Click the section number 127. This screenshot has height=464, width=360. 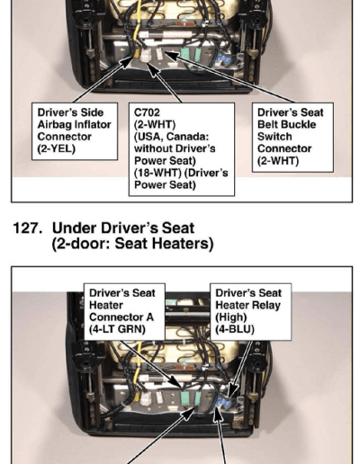coord(27,228)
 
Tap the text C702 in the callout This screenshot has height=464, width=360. coord(147,112)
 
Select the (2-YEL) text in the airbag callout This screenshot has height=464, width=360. coord(56,149)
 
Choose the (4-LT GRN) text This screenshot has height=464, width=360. coord(117,329)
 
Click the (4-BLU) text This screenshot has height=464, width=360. coord(235,329)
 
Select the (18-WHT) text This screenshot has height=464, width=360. coord(153,173)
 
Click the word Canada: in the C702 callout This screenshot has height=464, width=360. coord(187,137)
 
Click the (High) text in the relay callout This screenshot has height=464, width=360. coord(231,317)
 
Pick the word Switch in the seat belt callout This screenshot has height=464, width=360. coord(274,137)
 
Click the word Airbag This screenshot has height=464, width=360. coord(55,125)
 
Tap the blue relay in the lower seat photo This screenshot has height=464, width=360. coord(224,403)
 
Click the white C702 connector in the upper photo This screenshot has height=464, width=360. coord(146,55)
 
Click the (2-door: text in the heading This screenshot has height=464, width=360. coord(82,244)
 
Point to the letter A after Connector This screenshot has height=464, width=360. coord(149,317)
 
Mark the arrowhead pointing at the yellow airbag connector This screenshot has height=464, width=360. coord(126,62)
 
